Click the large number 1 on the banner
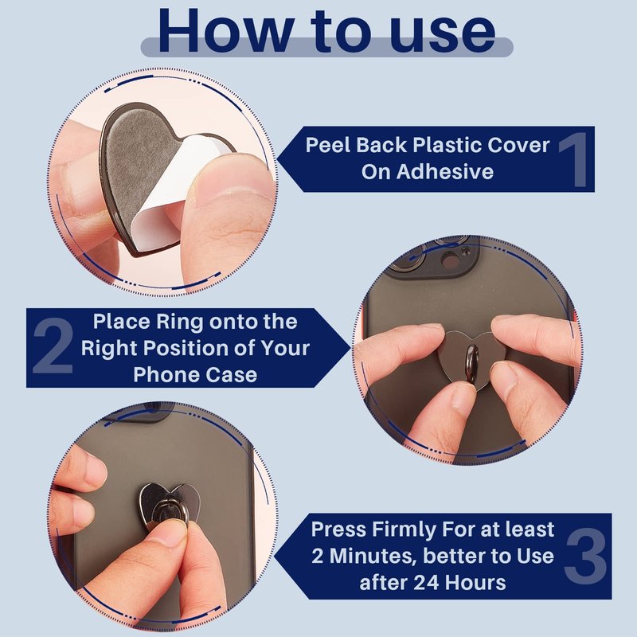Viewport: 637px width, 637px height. click(575, 160)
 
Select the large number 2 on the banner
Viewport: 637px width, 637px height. click(53, 346)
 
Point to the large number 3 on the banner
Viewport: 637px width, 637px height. click(585, 557)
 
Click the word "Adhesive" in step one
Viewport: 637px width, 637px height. click(445, 171)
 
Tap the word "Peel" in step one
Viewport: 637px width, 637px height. click(328, 145)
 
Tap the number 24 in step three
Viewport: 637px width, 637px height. click(427, 583)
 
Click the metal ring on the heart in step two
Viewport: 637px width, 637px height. click(472, 363)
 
